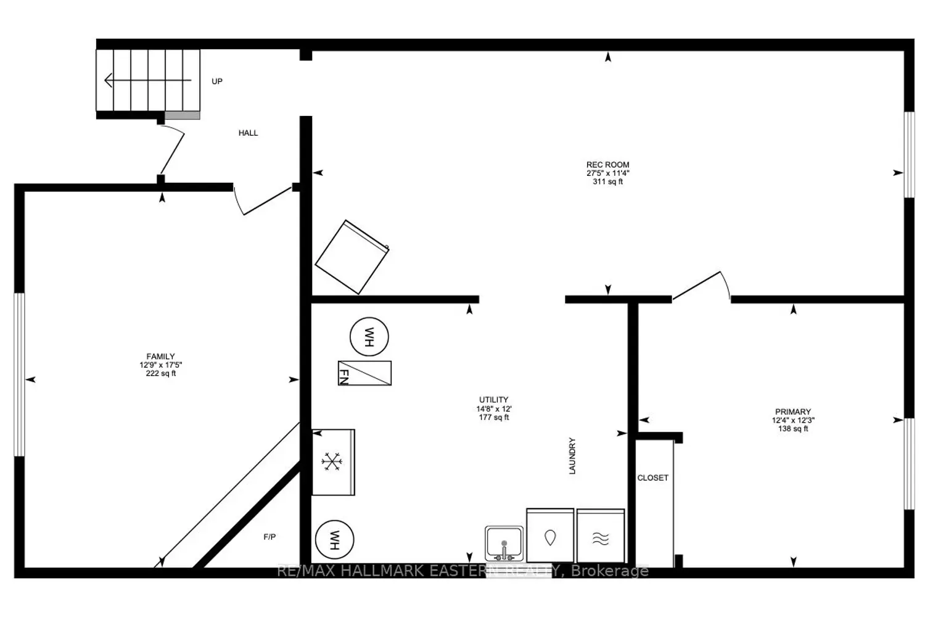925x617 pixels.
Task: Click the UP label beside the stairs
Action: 217,81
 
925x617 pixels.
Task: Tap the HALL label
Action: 248,133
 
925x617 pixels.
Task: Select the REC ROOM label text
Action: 608,165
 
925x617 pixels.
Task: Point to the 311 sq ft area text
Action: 608,182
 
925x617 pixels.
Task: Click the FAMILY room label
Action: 160,356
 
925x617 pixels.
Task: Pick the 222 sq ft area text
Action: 160,373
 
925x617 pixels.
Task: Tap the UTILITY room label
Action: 493,400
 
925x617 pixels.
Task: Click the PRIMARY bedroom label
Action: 793,412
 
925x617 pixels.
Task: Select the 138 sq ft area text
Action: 793,429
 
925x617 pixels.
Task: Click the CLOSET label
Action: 652,478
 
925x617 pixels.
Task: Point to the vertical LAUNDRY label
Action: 572,456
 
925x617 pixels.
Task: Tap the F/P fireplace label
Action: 269,537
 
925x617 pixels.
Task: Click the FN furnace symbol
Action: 364,373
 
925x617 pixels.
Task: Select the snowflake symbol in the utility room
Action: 332,461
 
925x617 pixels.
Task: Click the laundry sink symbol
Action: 504,544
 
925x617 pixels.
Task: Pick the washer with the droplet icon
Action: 550,535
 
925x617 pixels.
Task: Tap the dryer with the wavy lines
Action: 601,536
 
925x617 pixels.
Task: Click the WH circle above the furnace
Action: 369,337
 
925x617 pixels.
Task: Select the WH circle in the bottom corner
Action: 334,540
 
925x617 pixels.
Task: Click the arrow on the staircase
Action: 148,80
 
